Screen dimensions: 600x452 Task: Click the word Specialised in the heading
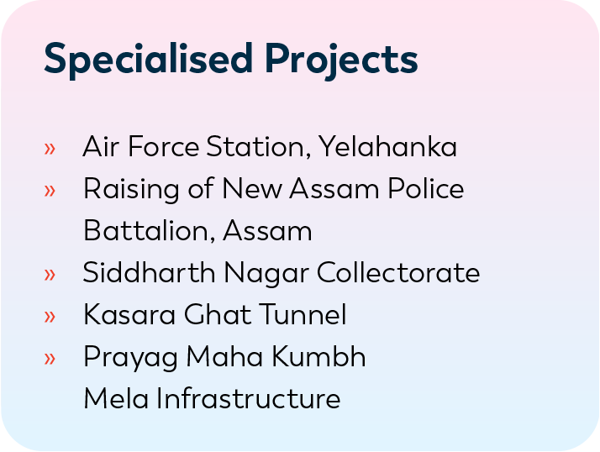click(149, 60)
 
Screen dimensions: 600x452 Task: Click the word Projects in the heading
click(341, 61)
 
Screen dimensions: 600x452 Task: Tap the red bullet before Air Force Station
click(50, 149)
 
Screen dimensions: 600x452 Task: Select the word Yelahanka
click(387, 146)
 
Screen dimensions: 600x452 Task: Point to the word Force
click(163, 146)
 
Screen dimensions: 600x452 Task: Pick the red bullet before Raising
click(50, 191)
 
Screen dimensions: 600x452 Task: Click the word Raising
click(131, 190)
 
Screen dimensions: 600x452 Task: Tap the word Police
click(426, 188)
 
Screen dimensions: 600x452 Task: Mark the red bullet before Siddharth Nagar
click(50, 275)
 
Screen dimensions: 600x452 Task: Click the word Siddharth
click(150, 272)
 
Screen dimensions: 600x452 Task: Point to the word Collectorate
click(398, 272)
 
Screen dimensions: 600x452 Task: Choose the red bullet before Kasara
click(50, 317)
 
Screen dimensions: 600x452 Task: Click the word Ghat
click(218, 314)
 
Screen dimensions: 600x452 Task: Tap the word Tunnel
click(303, 314)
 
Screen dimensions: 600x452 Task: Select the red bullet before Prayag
click(50, 359)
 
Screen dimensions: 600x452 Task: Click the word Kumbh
click(318, 357)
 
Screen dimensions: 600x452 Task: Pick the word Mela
click(116, 399)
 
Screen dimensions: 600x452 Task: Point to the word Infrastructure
click(249, 399)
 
